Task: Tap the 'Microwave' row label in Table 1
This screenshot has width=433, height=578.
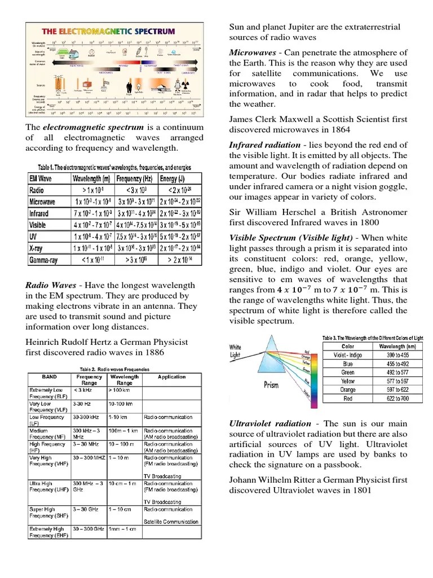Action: point(42,202)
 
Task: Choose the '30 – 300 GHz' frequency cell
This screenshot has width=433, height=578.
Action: point(89,529)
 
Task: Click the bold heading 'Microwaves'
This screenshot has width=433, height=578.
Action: point(251,52)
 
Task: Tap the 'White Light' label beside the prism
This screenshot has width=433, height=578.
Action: point(236,351)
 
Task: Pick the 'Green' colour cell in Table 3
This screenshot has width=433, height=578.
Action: point(348,373)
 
